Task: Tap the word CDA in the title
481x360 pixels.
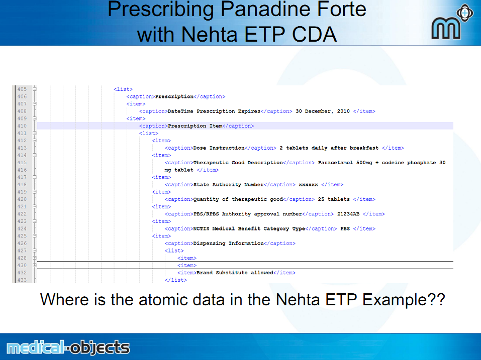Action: (x=315, y=34)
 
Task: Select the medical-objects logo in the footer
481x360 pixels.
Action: (x=68, y=347)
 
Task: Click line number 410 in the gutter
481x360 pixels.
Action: (x=22, y=126)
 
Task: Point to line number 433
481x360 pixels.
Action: (x=22, y=280)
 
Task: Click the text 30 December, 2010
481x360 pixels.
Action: (x=322, y=111)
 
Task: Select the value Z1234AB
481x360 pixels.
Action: (x=348, y=214)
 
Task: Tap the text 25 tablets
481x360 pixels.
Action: (x=334, y=199)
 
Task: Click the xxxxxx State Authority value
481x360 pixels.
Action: (x=308, y=185)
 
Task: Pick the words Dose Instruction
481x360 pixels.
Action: (x=219, y=148)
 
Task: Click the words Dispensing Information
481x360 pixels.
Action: (x=229, y=244)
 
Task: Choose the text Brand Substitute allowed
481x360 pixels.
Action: (x=235, y=273)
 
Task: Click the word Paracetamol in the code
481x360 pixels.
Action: (x=335, y=163)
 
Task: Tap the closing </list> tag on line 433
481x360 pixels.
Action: (x=176, y=280)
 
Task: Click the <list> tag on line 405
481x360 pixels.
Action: (x=123, y=89)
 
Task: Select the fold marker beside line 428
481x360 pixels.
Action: (x=34, y=258)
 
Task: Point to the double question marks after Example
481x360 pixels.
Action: (x=437, y=299)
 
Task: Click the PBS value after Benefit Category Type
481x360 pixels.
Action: (x=345, y=228)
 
